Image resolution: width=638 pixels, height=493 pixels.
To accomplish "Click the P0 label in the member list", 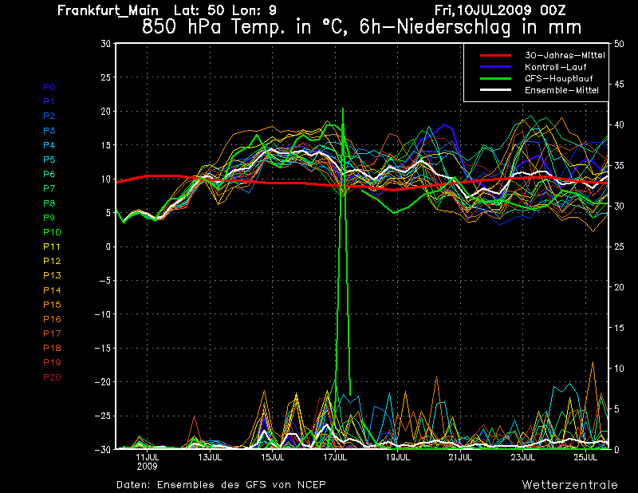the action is (x=49, y=87).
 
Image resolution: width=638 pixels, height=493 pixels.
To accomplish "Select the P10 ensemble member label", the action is (x=52, y=232).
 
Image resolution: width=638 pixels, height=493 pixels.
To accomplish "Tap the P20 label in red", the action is (x=52, y=377).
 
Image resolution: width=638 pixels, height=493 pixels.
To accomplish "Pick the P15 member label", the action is (x=52, y=305).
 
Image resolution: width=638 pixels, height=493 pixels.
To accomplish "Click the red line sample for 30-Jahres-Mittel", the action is (x=495, y=55).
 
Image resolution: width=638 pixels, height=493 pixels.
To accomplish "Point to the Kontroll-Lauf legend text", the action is (x=555, y=67).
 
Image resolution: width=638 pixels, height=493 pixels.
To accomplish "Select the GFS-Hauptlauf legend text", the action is (x=559, y=78).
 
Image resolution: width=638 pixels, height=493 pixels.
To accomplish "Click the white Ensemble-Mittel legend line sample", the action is (x=495, y=90).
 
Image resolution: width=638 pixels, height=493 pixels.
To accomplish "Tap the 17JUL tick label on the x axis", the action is (x=335, y=457).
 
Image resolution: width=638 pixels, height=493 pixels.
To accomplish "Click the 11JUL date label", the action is (x=148, y=457).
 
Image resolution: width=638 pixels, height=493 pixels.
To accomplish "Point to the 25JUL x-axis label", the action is (x=585, y=457).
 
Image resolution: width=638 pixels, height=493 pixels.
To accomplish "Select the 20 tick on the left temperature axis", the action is (x=106, y=111).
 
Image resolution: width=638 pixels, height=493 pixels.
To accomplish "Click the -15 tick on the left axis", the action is (x=103, y=348).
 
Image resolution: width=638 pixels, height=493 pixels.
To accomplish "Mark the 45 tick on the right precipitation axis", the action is (x=619, y=85).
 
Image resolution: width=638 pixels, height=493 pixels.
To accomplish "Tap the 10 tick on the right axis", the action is (x=619, y=369).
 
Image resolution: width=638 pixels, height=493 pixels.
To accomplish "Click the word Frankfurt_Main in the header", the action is (x=108, y=10).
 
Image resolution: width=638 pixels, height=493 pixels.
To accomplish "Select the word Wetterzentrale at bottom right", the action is (x=570, y=485).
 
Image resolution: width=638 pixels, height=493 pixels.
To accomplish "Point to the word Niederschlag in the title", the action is (x=453, y=27).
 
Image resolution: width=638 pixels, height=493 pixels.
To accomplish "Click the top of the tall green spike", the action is (x=343, y=108).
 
